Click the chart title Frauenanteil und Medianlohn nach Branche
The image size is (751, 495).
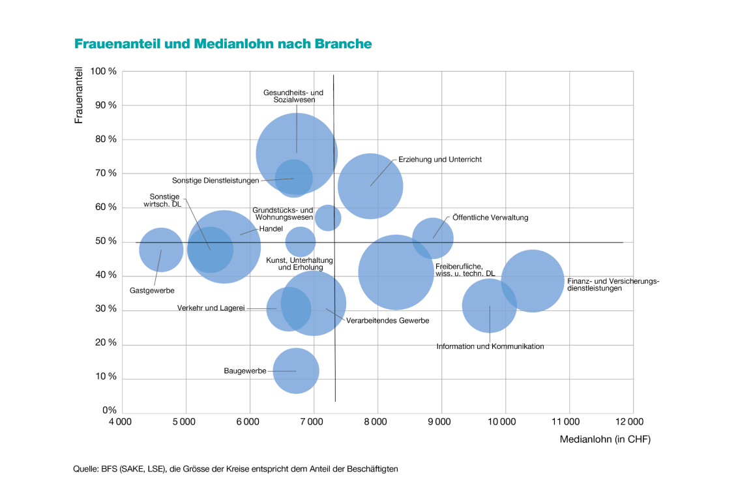click(223, 44)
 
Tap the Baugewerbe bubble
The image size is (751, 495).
click(295, 371)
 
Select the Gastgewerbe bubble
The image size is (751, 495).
click(161, 250)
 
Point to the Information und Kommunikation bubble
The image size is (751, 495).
click(490, 305)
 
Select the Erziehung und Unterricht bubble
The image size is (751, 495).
click(370, 186)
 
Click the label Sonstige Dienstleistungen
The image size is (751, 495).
click(215, 181)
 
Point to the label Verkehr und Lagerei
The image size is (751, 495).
click(211, 308)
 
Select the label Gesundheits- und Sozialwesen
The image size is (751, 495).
click(293, 97)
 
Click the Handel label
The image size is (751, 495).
click(271, 229)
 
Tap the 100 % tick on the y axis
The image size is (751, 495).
click(104, 72)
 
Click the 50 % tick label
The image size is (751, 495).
click(106, 241)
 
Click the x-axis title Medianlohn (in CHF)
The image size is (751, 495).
click(605, 440)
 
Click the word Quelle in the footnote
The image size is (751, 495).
click(85, 469)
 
